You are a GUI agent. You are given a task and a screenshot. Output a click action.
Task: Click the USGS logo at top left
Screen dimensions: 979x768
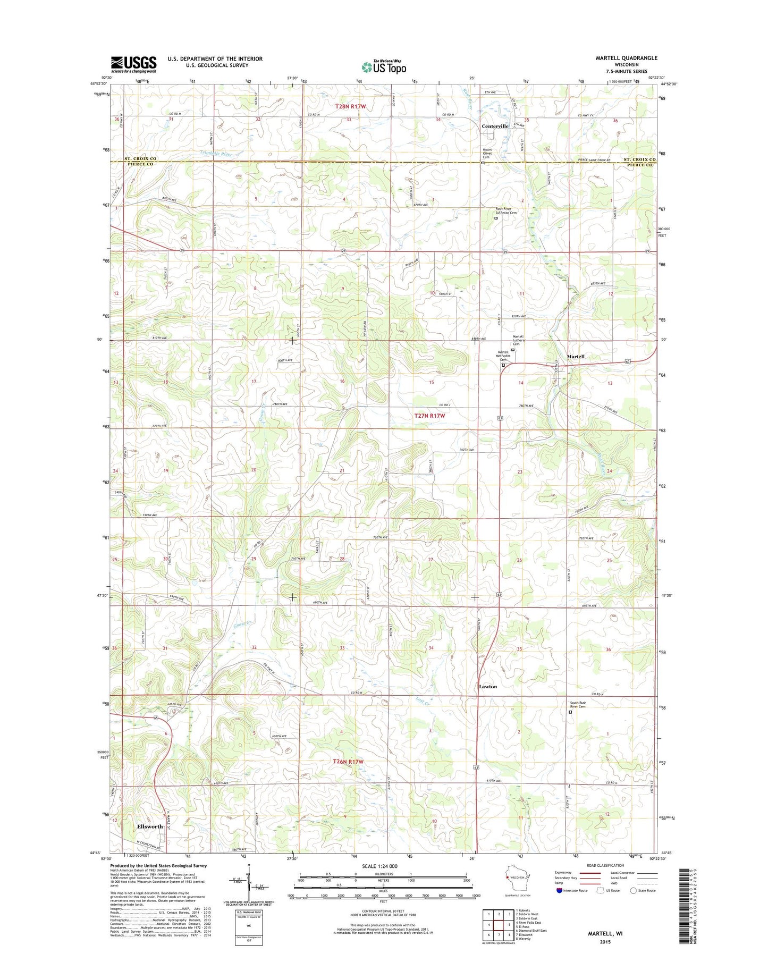[x=133, y=64]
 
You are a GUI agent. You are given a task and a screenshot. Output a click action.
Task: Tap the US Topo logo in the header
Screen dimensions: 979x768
[x=384, y=67]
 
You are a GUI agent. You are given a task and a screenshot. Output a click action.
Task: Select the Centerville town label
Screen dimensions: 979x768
[x=495, y=126]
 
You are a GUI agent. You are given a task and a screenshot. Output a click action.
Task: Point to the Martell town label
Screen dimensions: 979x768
[x=575, y=357]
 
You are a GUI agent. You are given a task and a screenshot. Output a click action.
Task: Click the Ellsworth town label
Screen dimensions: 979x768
[x=150, y=826]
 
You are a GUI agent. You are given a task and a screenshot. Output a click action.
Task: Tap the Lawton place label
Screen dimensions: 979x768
[x=487, y=687]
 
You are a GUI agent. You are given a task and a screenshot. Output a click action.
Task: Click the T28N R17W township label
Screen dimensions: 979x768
[x=351, y=106]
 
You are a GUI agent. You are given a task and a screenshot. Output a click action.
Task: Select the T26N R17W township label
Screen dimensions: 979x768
[x=348, y=762]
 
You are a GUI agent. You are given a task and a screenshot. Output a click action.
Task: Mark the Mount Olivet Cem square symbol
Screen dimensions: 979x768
[x=483, y=164]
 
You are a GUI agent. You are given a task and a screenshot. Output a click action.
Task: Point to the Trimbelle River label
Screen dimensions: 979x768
[x=215, y=154]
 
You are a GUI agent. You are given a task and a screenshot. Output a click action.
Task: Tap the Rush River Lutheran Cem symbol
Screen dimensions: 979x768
[x=496, y=218]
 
